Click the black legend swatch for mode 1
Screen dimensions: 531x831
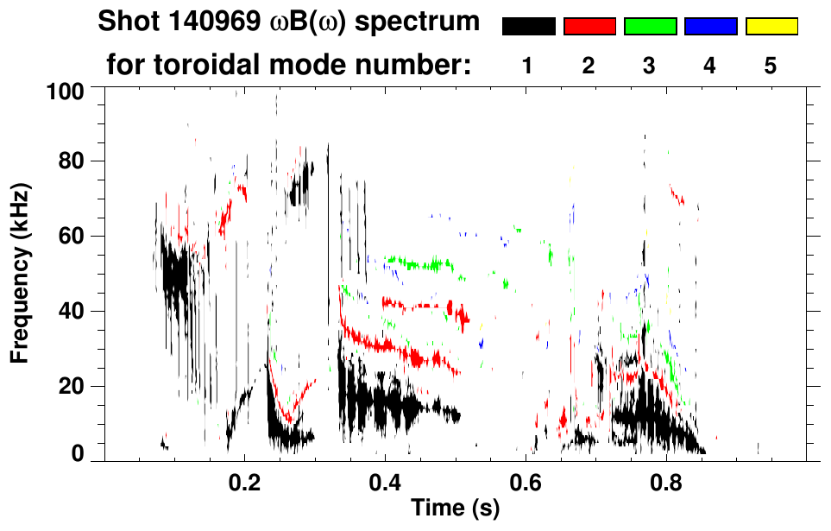pyautogui.click(x=529, y=27)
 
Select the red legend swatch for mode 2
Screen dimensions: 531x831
pyautogui.click(x=589, y=27)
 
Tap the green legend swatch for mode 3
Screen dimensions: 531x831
pyautogui.click(x=650, y=27)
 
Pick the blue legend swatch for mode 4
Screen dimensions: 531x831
pyautogui.click(x=710, y=27)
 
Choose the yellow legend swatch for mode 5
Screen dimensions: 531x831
pyautogui.click(x=771, y=27)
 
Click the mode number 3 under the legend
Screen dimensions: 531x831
pyautogui.click(x=650, y=66)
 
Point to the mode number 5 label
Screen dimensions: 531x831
pyautogui.click(x=771, y=66)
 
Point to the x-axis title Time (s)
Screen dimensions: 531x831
pyautogui.click(x=454, y=509)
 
